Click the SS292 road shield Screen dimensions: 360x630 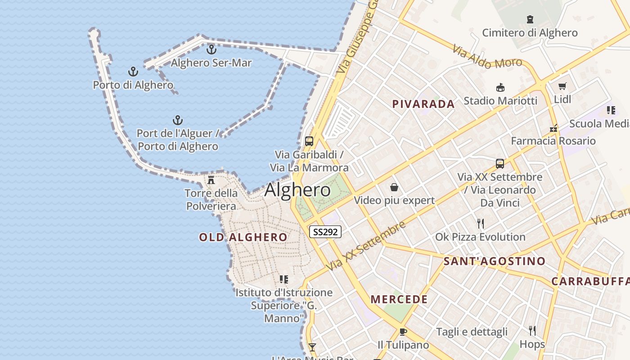coord(325,232)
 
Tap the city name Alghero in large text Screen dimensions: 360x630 coord(297,190)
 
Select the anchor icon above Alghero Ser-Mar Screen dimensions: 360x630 coord(211,49)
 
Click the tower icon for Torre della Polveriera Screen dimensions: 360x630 coord(211,180)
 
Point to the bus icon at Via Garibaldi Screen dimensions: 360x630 coord(309,141)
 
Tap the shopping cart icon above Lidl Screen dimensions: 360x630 coord(562,86)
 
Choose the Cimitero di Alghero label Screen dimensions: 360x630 coord(530,33)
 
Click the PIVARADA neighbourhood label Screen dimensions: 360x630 coord(423,104)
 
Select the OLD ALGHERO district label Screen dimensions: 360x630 coord(243,237)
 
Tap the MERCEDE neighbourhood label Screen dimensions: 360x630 coord(399,299)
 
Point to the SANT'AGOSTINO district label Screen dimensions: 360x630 coord(494,261)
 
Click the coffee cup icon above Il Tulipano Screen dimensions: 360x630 coord(403,332)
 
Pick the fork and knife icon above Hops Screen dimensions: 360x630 coord(532,331)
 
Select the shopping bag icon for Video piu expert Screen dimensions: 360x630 coord(394,187)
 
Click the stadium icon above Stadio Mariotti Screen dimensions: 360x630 coord(500,87)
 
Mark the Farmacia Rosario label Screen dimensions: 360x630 coord(553,141)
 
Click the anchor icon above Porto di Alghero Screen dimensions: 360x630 coord(133,72)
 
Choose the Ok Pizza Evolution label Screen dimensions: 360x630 coord(480,237)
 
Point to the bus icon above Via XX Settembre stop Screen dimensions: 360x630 coord(500,164)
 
